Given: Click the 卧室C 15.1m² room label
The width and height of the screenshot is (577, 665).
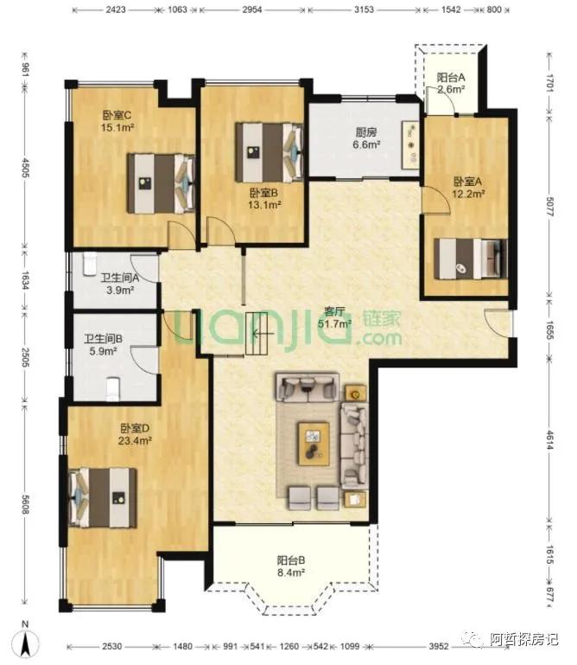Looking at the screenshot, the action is (117, 121).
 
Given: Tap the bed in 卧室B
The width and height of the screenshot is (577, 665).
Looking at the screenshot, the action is (269, 152).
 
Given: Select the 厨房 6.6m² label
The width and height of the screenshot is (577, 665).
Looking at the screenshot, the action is (366, 138).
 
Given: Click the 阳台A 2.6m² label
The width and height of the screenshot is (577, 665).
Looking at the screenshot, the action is (451, 83).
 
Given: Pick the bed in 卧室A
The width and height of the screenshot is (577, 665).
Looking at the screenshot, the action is (470, 259).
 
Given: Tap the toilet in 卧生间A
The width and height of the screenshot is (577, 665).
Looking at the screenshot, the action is (90, 264).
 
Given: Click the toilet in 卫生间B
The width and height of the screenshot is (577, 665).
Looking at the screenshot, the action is (112, 388).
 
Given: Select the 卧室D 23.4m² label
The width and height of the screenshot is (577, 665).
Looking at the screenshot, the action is (135, 434).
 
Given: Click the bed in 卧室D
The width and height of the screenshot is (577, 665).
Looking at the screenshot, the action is (103, 497).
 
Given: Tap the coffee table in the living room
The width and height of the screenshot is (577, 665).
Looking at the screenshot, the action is (314, 443).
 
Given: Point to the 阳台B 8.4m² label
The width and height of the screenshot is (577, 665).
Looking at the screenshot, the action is (291, 566).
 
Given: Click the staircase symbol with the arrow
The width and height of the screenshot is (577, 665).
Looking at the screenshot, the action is (257, 333).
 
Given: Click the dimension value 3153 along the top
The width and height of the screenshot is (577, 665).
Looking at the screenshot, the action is (364, 10).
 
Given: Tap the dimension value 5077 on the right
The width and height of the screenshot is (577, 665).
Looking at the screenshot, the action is (550, 207).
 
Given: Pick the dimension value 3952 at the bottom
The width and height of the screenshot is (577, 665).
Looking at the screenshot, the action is (438, 647).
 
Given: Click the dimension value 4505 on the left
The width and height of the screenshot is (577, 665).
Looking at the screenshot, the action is (25, 169).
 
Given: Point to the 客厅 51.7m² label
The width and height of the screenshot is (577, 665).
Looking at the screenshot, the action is (334, 317).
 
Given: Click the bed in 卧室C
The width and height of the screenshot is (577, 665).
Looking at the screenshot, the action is (161, 183).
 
